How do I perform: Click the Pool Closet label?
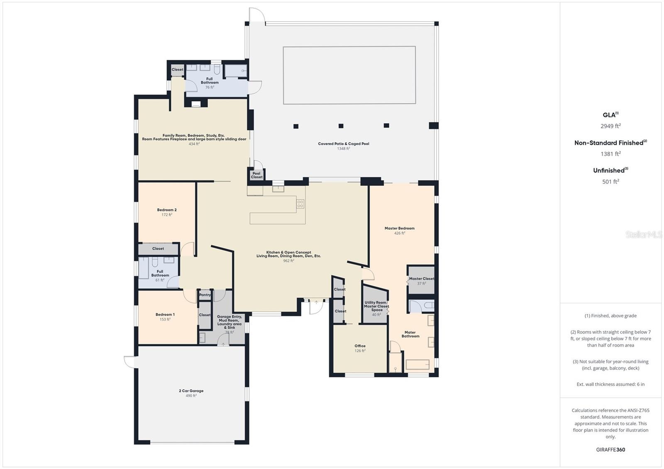pos(256,175)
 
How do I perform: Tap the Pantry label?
pos(205,295)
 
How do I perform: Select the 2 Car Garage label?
pos(191,391)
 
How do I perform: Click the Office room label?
pos(360,346)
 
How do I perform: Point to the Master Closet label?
pos(422,279)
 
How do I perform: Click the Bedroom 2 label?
pos(167,210)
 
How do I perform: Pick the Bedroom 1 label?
pos(165,314)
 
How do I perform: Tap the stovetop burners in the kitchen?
pos(300,204)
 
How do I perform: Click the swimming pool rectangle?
pos(349,75)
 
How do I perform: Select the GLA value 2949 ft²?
pos(610,126)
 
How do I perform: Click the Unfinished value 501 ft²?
pos(610,181)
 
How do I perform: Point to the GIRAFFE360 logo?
pos(610,450)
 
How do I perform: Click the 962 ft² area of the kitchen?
pos(288,261)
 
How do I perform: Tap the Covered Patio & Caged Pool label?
pos(344,144)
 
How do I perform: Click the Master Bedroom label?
pos(400,228)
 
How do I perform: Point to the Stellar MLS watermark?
pos(644,235)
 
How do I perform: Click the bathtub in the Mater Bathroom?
pos(417,365)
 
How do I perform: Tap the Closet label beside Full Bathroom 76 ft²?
pos(177,70)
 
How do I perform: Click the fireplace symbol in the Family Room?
pos(196,104)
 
